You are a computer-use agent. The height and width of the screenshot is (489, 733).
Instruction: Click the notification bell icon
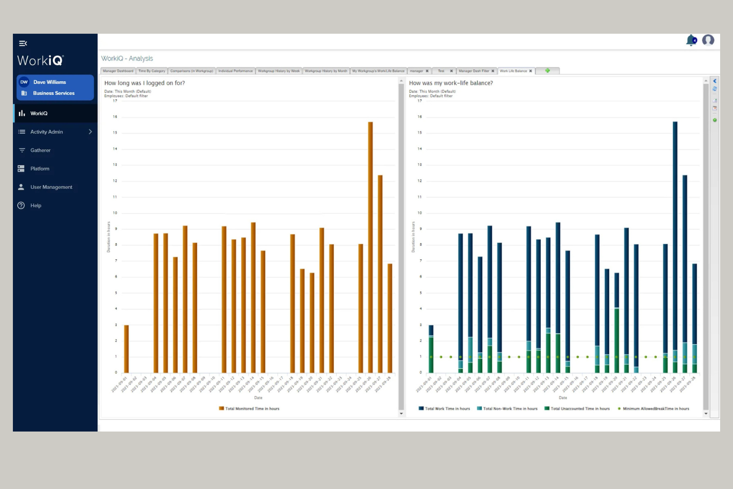pos(691,40)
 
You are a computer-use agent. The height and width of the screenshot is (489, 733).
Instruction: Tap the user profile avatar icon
pos(708,40)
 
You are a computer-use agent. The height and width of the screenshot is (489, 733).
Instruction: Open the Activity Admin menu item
pos(47,132)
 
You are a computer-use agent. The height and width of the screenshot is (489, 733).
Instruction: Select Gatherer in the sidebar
pos(40,150)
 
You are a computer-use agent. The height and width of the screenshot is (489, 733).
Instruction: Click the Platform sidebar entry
pos(40,168)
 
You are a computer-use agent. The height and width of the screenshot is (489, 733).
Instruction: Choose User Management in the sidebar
pos(51,187)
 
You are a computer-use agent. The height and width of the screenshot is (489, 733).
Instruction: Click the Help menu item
pos(36,205)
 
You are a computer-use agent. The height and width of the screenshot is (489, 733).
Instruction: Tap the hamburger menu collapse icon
pos(23,43)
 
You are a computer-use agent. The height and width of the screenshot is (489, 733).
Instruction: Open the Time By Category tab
pos(152,71)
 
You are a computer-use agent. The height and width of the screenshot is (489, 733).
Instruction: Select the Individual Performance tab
pos(235,71)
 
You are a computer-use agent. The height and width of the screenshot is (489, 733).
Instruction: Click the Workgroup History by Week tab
pos(278,71)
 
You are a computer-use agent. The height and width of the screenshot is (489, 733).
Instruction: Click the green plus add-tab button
pos(547,71)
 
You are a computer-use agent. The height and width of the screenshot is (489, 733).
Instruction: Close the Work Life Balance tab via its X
pos(530,71)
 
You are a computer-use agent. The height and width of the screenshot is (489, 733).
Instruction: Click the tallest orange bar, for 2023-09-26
pos(370,248)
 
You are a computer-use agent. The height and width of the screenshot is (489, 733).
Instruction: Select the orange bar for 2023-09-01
pos(126,349)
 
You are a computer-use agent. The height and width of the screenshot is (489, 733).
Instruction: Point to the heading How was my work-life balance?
pos(451,83)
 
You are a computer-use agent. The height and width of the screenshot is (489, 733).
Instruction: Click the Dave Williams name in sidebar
pos(50,82)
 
